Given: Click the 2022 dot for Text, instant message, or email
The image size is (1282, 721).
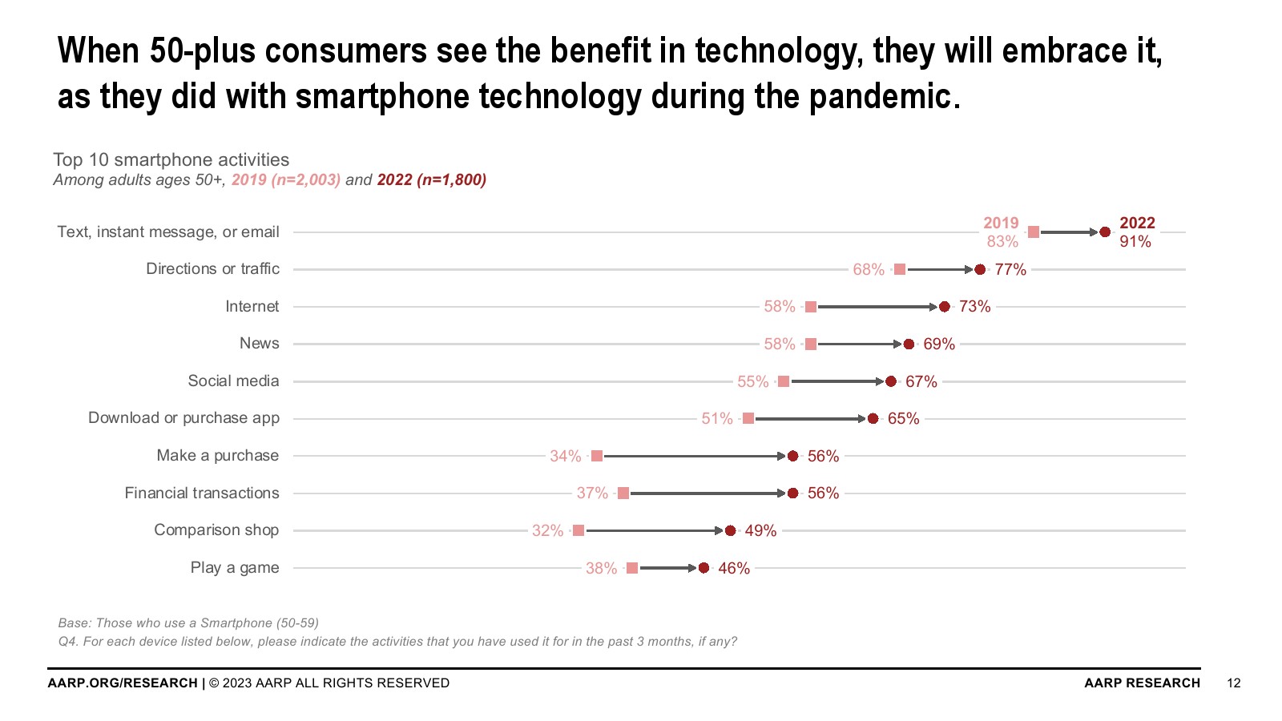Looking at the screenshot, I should [1105, 232].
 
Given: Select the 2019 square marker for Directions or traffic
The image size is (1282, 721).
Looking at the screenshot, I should [900, 269].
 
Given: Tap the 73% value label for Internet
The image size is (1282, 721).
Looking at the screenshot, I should [974, 307].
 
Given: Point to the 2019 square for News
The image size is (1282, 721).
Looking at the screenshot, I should [811, 344].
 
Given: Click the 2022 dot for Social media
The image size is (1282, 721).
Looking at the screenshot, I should [891, 381].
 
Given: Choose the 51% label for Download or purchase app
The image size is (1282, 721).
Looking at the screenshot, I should [717, 419].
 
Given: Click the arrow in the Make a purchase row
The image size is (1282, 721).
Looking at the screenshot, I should [694, 456].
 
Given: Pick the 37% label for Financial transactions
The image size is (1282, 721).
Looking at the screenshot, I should [592, 493].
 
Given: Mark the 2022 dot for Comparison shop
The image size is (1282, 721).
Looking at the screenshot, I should [730, 530].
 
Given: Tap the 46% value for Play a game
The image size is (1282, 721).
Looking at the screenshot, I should [734, 568].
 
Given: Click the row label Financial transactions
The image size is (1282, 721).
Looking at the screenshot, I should [202, 493].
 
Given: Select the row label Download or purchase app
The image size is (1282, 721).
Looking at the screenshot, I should [183, 418].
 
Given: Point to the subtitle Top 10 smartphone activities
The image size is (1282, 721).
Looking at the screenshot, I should [171, 159].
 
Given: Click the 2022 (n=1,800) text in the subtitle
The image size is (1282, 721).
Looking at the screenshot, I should [432, 179].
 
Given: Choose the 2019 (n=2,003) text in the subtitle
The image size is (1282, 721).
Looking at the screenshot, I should [286, 179].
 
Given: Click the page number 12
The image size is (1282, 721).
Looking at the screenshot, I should [1234, 683].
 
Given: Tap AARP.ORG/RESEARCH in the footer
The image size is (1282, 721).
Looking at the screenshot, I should [123, 683].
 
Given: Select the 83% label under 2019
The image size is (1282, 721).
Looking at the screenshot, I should [1002, 241].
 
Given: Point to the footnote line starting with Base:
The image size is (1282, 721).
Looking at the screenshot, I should [188, 622].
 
